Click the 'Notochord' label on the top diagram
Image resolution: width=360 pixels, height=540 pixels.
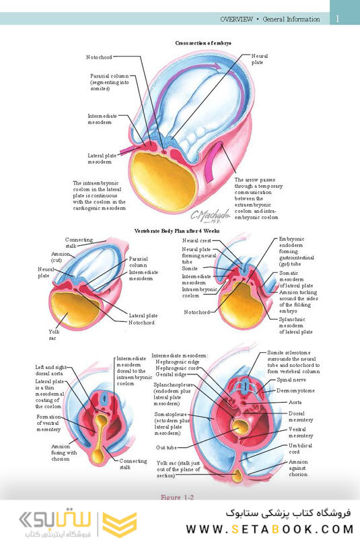pos(100,57)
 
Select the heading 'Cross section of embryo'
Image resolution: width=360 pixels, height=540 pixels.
pos(203,43)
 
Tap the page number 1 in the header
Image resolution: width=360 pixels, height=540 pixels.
pos(338,19)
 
